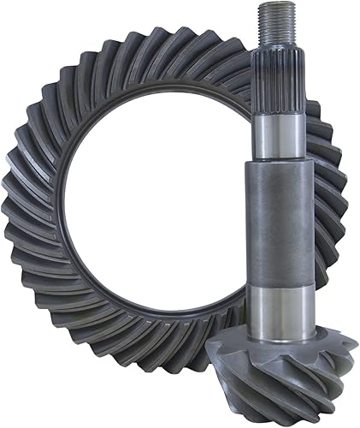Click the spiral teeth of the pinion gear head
point(291,368)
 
